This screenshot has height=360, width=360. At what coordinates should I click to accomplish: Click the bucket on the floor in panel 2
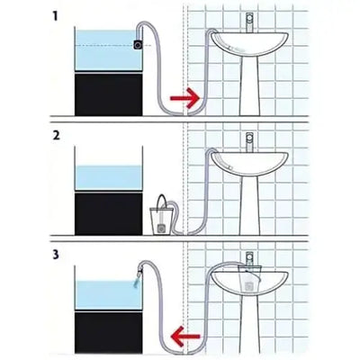159,219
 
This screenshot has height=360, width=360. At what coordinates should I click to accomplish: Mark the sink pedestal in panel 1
248,85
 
